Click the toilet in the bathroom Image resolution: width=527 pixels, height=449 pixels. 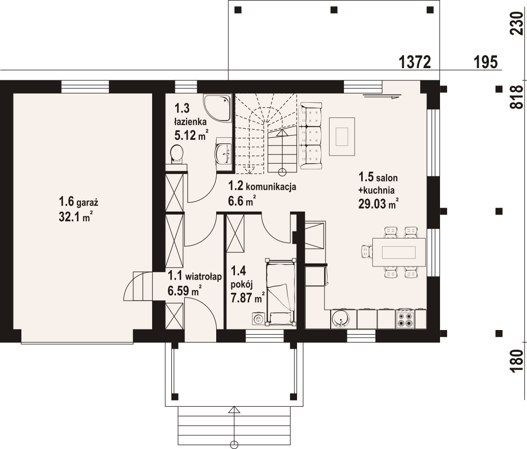177,154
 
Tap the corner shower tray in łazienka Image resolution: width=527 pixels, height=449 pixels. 217,108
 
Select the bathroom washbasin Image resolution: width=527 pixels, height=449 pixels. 224,154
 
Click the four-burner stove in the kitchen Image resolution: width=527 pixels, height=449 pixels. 405,319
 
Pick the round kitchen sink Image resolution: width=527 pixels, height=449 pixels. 340,319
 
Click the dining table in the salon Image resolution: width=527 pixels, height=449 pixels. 399,252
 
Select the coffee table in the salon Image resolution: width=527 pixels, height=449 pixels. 342,136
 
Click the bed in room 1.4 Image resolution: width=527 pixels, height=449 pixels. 280,292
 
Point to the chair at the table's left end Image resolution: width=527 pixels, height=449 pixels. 367,251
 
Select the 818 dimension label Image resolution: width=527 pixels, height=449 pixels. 517,97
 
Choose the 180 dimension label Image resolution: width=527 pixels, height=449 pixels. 517,361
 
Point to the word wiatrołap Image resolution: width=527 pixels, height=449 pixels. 203,277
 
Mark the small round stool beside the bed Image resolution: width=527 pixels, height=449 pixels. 258,319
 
